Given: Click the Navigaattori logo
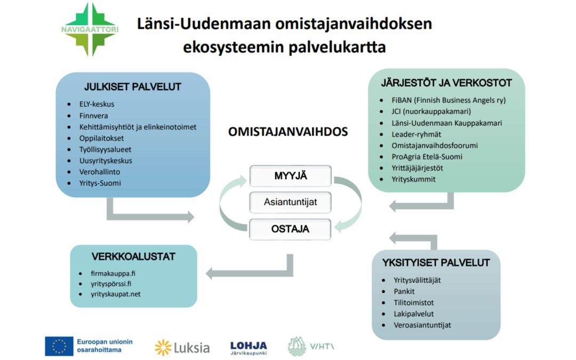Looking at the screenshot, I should pos(89,30).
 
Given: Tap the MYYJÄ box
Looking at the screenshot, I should pos(291,175).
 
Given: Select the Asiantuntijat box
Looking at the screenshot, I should pos(291,203).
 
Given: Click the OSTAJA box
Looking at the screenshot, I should pos(291,229).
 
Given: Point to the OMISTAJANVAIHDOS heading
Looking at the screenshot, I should pos(288,131).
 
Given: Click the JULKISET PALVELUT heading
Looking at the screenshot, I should pos(133,87).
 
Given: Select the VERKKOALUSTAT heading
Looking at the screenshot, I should pos(133,257).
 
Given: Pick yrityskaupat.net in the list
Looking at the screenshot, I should pos(116,294).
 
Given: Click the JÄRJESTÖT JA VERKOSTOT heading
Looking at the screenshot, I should pos(446,83).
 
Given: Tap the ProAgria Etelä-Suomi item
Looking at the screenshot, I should pos(427,157).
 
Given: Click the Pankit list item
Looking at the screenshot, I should pos(404,291).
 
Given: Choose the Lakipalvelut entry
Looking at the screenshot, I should pos(414,314).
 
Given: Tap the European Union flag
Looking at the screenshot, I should pos(59,347).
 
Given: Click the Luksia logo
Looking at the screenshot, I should pos(182,348).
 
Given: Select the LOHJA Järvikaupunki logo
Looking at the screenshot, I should pos(249,348).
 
